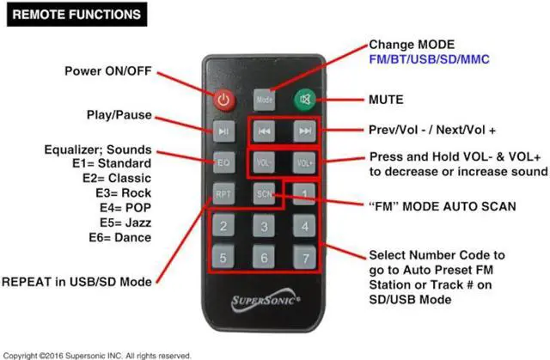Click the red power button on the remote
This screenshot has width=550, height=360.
click(x=223, y=99)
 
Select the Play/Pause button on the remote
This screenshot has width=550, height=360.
click(x=223, y=131)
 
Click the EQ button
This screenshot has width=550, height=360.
click(x=223, y=162)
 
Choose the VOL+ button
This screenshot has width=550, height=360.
click(x=303, y=162)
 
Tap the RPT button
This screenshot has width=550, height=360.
click(x=223, y=193)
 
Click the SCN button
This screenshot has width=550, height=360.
click(x=264, y=193)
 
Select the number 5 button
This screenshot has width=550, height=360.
click(x=223, y=257)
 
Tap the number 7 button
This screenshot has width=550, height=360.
click(x=303, y=257)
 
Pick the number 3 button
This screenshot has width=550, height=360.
click(x=264, y=226)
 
